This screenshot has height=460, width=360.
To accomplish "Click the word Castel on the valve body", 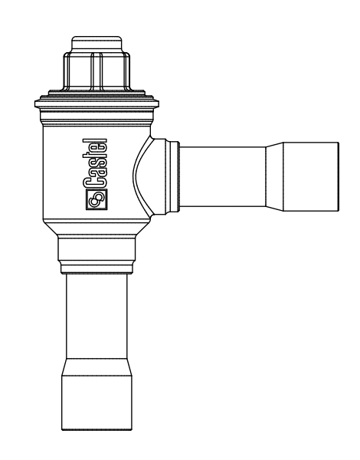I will (98, 164).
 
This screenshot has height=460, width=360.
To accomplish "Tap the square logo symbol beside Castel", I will (98, 200).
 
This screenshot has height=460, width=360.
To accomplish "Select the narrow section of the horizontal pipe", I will (222, 175).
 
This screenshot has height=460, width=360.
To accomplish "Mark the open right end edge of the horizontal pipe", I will (337, 175).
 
